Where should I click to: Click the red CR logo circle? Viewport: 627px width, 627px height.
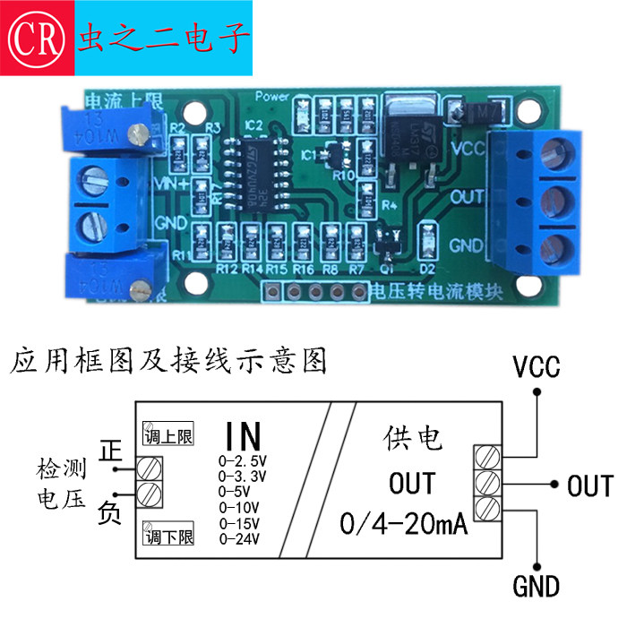(36, 36)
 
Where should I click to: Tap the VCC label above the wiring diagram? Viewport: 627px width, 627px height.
(536, 367)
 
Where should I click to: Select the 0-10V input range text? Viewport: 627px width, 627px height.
(239, 507)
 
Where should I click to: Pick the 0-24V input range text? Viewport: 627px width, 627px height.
(239, 538)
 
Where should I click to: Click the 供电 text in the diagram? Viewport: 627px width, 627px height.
(411, 439)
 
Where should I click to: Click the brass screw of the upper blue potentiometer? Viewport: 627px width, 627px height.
(137, 134)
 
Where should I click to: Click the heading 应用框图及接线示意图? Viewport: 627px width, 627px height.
(168, 361)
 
